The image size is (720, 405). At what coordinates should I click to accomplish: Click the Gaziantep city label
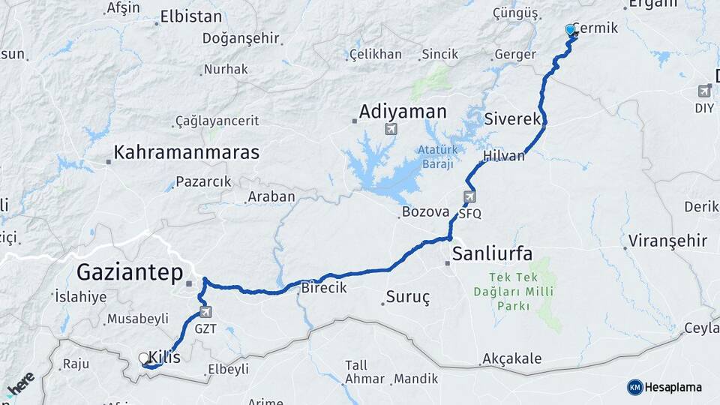(130, 272)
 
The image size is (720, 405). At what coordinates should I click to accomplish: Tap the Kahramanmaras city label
(186, 153)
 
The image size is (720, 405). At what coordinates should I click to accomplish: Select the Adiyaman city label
(403, 112)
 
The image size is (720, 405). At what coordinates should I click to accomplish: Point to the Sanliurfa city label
(492, 254)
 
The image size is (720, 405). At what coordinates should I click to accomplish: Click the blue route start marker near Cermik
(571, 31)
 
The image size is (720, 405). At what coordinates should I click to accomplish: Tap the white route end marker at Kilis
(144, 358)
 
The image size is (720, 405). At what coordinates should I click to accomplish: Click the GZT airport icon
(205, 312)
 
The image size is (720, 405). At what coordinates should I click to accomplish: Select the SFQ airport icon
(469, 197)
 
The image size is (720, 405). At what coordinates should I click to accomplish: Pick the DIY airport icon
(703, 91)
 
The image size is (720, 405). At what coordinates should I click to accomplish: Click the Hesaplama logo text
(673, 387)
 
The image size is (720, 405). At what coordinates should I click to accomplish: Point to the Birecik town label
(324, 288)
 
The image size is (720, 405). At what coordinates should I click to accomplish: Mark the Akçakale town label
(511, 358)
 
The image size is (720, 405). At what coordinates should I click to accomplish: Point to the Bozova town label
(425, 212)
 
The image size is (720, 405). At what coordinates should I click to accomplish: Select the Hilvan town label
(504, 156)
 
